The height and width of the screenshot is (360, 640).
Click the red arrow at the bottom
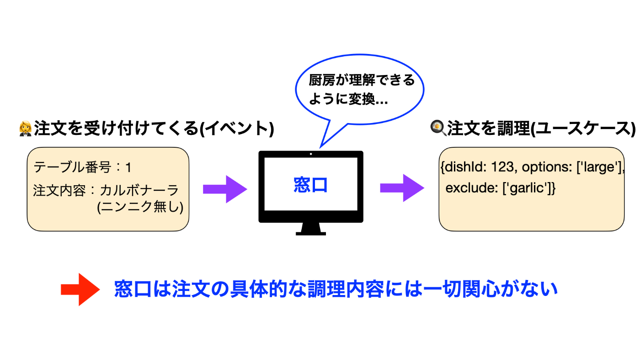click(x=80, y=289)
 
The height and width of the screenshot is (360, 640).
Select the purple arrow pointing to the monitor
click(x=224, y=188)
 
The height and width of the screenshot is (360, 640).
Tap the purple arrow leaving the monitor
click(x=402, y=188)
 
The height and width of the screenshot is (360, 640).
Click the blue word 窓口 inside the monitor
click(x=310, y=185)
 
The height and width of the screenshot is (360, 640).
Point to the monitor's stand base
click(x=311, y=232)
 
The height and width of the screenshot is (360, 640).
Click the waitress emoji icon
click(x=26, y=129)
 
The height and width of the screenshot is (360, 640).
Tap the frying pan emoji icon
click(x=437, y=128)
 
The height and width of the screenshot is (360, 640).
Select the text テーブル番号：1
click(x=83, y=167)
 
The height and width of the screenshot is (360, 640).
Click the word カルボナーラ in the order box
click(x=139, y=190)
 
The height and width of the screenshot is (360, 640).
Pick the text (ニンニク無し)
click(x=140, y=207)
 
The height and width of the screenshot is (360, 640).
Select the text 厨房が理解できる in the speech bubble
click(x=362, y=81)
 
